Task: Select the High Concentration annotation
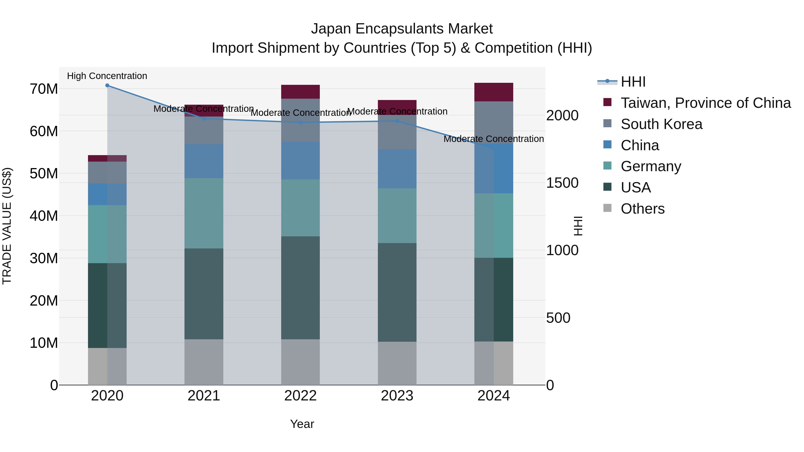(107, 76)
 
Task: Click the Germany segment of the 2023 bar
(397, 216)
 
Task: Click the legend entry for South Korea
(661, 124)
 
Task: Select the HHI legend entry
(633, 82)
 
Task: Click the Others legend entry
(642, 209)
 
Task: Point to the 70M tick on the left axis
(44, 89)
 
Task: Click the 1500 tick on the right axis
(562, 183)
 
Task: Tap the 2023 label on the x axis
(397, 396)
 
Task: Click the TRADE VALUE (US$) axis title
(7, 226)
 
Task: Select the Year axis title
(302, 424)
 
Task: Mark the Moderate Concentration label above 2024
(493, 139)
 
